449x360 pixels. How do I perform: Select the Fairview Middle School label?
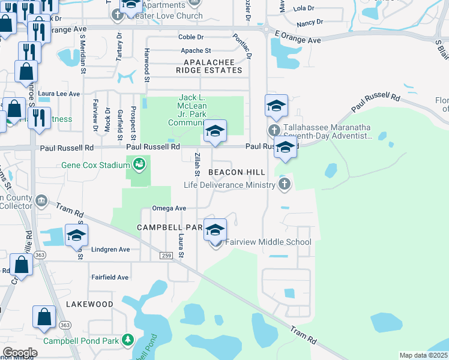pyautogui.click(x=268, y=242)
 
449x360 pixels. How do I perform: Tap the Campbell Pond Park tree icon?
pyautogui.click(x=127, y=340)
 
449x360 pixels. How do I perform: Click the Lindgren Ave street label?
pyautogui.click(x=110, y=249)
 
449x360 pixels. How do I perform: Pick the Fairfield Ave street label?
pyautogui.click(x=110, y=277)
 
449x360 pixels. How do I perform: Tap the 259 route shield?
pyautogui.click(x=167, y=256)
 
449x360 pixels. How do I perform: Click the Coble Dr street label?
pyautogui.click(x=191, y=37)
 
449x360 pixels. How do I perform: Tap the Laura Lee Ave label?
pyautogui.click(x=59, y=94)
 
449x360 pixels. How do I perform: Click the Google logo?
pyautogui.click(x=20, y=353)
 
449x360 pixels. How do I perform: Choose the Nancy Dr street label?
pyautogui.click(x=310, y=22)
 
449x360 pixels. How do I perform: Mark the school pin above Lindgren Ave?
pyautogui.click(x=77, y=235)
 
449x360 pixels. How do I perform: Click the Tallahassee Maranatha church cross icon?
pyautogui.click(x=274, y=131)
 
